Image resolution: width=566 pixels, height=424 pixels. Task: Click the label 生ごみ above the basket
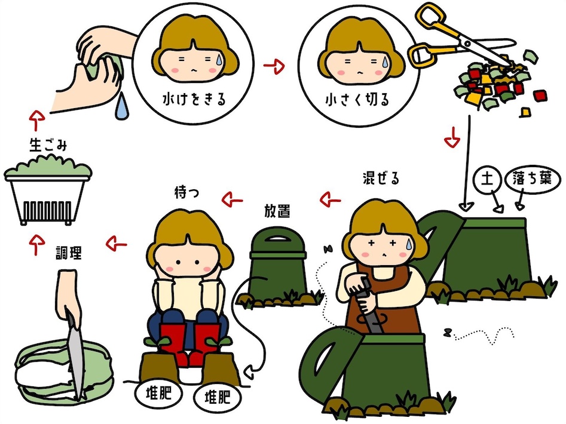tap(48, 146)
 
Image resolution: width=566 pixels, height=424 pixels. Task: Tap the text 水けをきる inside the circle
tap(194, 99)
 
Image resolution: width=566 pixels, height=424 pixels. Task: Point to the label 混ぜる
tap(381, 178)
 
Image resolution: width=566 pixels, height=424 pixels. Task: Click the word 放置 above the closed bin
tap(277, 211)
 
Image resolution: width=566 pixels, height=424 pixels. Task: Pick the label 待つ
tap(186, 192)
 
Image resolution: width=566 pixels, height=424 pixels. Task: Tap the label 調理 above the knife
tap(69, 253)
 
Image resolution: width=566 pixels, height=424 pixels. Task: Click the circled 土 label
tap(487, 179)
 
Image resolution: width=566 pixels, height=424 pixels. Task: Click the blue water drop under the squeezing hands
tap(122, 106)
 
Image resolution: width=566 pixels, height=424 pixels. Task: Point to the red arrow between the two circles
tap(274, 66)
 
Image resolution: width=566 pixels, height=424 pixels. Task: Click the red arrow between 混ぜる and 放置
tap(331, 199)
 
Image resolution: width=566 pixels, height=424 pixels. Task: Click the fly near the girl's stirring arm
tap(329, 249)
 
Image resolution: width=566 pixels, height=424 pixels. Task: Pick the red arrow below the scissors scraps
tap(452, 137)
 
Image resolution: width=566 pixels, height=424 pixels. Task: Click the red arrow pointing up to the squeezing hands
tap(36, 121)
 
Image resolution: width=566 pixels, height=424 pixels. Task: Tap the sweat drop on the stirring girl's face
tap(409, 244)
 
